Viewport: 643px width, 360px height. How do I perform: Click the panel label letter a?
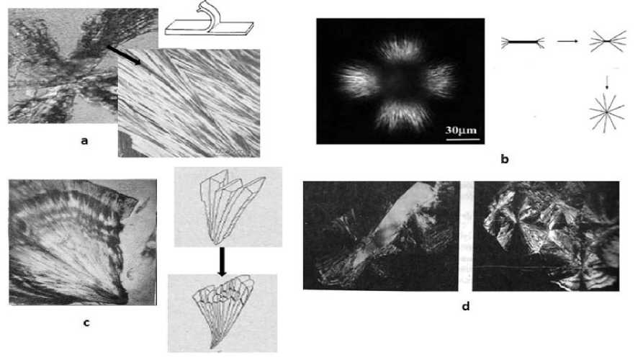[x=84, y=141]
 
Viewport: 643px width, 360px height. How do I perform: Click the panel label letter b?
[x=505, y=159]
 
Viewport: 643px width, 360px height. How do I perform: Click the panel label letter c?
[x=86, y=323]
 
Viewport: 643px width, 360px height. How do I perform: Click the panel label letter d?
[x=466, y=306]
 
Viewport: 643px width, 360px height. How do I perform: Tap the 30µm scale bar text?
[x=462, y=130]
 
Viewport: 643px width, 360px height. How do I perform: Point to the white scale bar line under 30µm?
[x=462, y=140]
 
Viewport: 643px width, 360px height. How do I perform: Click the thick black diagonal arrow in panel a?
[x=124, y=55]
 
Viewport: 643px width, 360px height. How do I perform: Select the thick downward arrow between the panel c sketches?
[x=222, y=261]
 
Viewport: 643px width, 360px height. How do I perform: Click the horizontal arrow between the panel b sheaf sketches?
[x=567, y=41]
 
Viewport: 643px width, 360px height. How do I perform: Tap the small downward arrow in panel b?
[x=607, y=81]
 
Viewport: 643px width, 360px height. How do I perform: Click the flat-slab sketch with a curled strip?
[x=209, y=19]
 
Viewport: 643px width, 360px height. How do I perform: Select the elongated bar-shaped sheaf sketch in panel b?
[x=523, y=42]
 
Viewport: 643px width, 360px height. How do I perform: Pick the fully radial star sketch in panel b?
[x=607, y=112]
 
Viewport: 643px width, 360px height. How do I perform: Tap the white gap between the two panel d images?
[x=465, y=236]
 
